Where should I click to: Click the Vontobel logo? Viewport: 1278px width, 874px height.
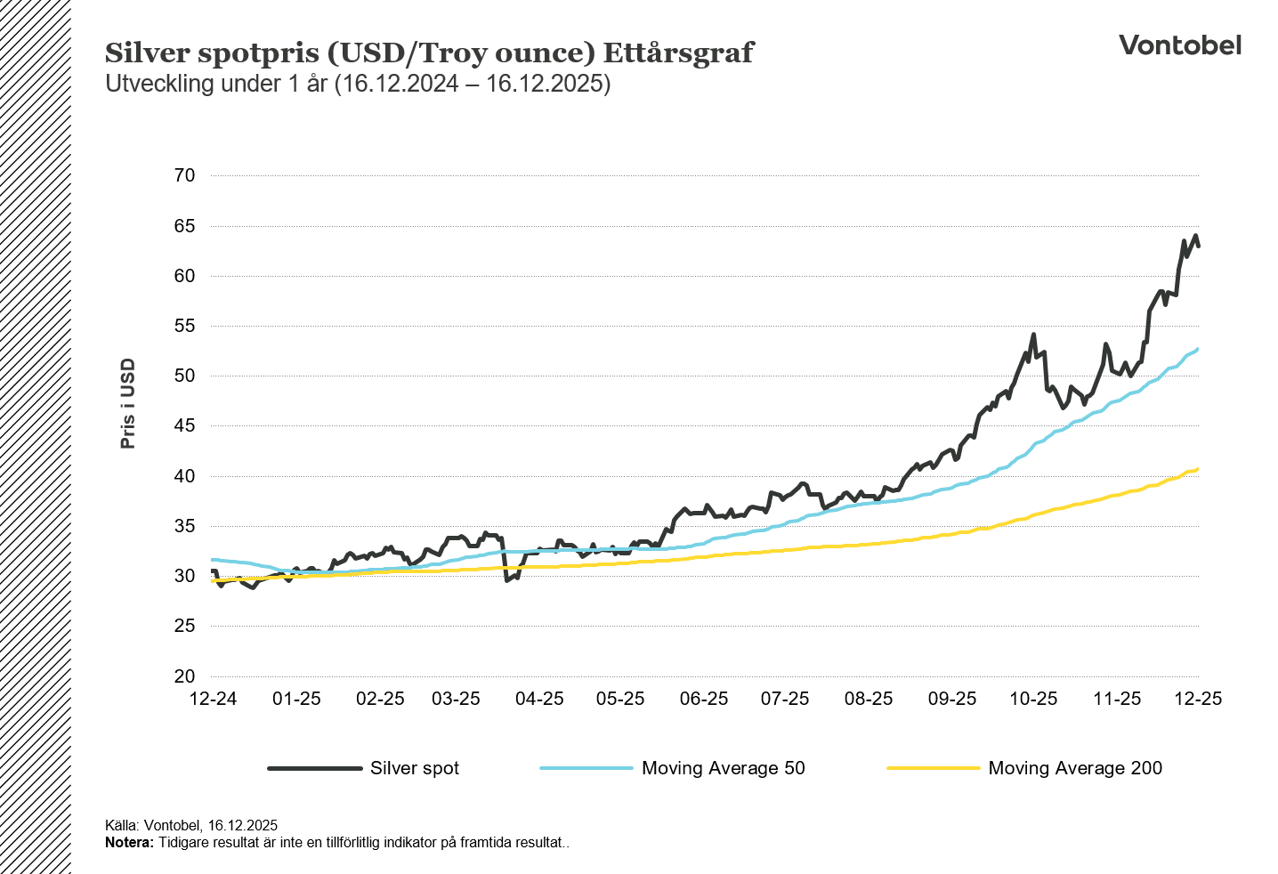[1179, 45]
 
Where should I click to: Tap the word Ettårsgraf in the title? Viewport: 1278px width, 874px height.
[678, 53]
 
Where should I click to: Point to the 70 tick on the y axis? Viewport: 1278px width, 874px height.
[184, 175]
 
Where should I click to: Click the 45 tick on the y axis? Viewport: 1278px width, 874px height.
[184, 426]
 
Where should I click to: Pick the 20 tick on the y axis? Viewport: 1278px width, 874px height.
[184, 676]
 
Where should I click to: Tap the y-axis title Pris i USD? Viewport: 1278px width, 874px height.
[128, 403]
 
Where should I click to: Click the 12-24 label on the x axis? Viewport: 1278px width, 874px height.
[214, 699]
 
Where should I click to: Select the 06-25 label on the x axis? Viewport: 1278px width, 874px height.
[704, 699]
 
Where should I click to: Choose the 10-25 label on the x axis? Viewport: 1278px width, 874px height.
[1033, 699]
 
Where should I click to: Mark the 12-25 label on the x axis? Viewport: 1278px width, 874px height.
[1198, 699]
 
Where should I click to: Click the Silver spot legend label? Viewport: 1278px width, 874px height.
[415, 768]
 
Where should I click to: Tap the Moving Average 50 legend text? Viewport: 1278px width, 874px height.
[723, 768]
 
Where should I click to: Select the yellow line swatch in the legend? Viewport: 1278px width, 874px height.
[933, 768]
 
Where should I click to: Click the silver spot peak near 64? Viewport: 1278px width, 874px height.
[1195, 236]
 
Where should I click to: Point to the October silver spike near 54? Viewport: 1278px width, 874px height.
[1033, 336]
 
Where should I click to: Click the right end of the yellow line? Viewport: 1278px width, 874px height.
[1197, 469]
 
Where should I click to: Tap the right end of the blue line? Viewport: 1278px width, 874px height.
[1197, 349]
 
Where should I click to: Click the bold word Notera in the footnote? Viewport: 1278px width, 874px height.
[128, 843]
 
